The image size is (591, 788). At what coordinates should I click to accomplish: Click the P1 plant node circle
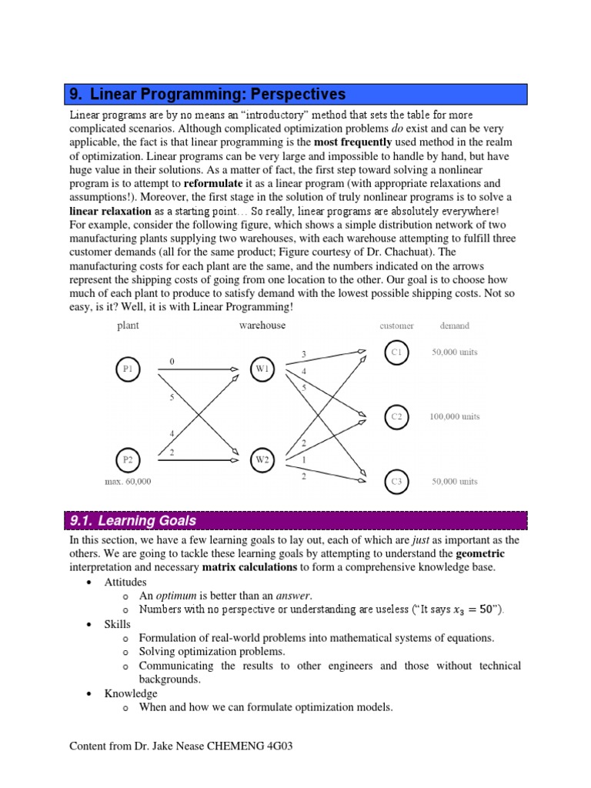coord(128,369)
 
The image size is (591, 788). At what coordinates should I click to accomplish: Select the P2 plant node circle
coord(128,460)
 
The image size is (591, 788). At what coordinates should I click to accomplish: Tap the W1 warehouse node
coord(262,369)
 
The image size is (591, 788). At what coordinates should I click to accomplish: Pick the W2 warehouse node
coord(262,461)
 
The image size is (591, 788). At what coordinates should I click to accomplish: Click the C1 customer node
coord(396,352)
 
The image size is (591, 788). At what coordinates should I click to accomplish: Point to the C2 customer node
coord(396,416)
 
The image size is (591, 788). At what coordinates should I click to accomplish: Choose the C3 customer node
coord(396,482)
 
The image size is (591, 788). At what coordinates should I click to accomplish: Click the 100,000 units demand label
coord(454,416)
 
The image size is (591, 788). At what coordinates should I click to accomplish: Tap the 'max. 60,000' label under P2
coord(128,482)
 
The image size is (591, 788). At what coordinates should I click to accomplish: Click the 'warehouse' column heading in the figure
coord(262,326)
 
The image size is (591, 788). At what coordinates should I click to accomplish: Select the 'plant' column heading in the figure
coord(128,326)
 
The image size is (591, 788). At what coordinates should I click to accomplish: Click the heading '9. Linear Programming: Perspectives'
coord(208,95)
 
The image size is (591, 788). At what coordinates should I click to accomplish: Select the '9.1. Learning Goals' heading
coord(133,520)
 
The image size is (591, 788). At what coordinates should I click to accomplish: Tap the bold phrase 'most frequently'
coord(352,142)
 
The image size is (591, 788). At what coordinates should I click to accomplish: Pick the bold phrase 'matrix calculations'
coord(249,567)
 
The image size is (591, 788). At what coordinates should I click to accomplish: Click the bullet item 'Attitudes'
coord(125,582)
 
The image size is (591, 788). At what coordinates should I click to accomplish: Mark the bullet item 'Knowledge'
coord(131,693)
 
